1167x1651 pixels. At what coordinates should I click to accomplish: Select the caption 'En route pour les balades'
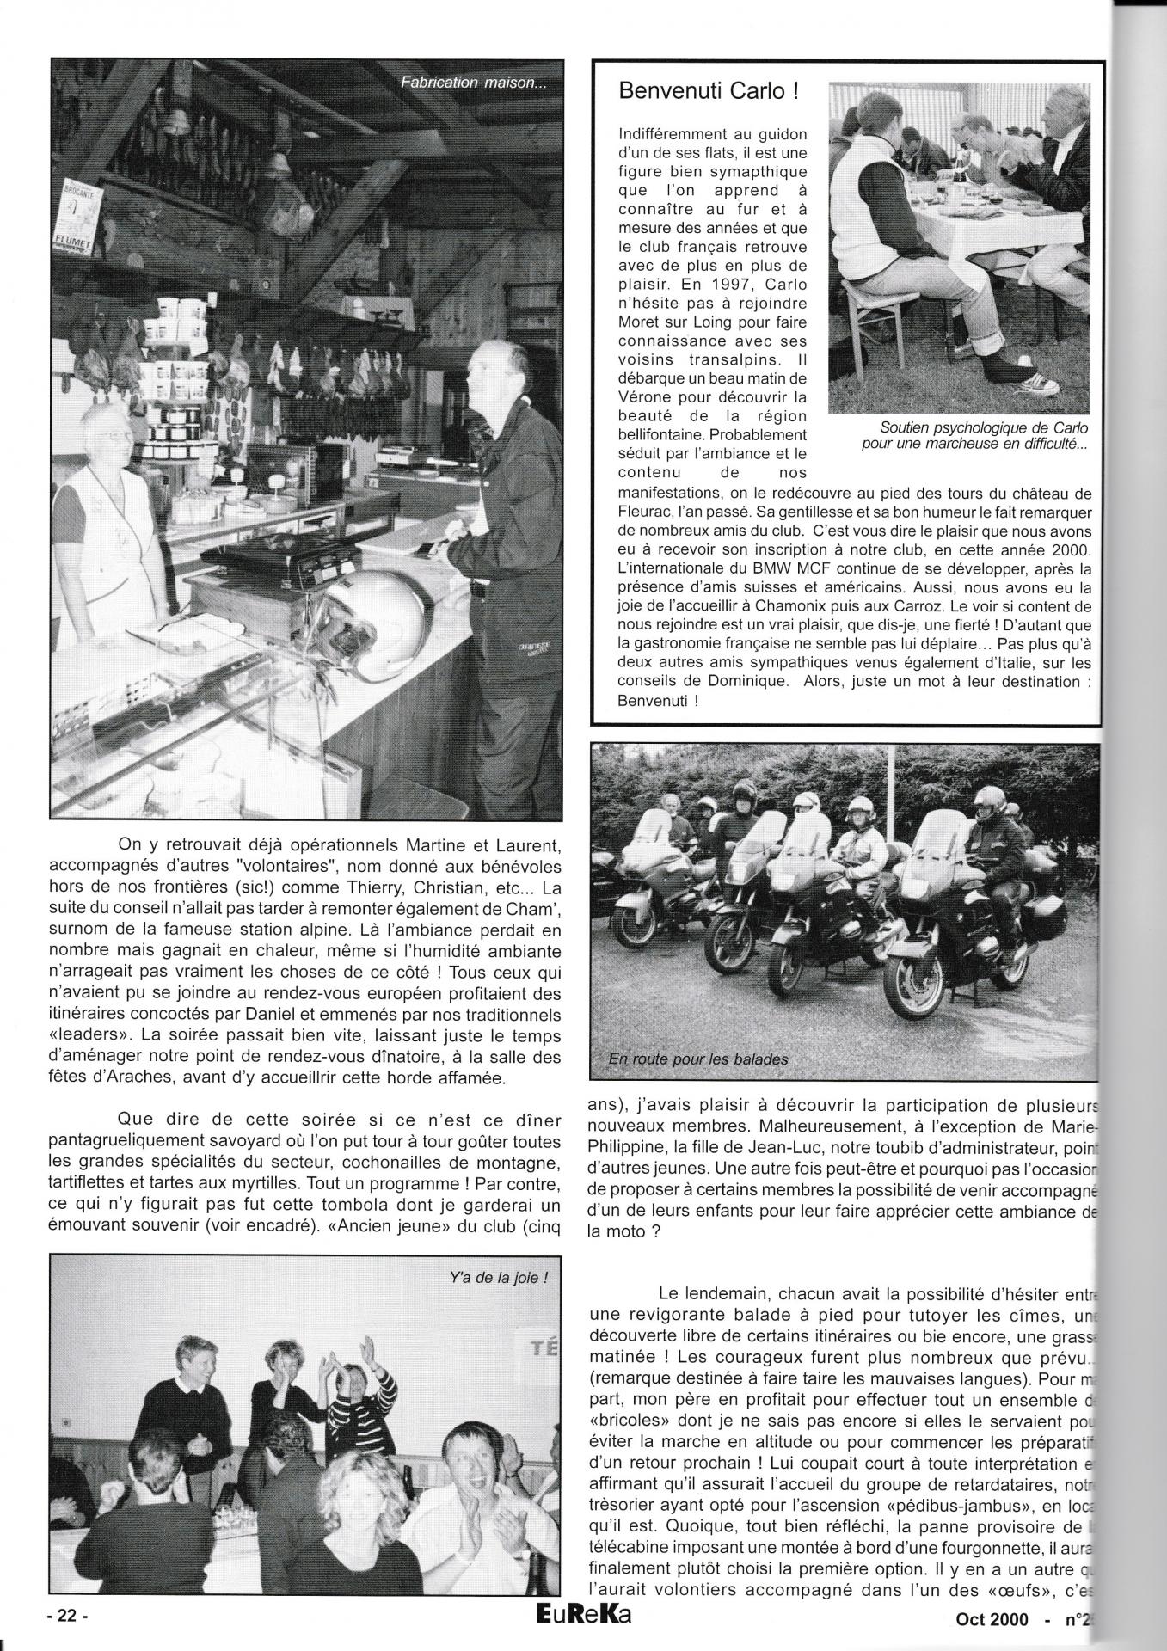tap(697, 1059)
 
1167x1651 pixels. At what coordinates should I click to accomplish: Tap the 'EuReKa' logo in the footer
tap(582, 1616)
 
